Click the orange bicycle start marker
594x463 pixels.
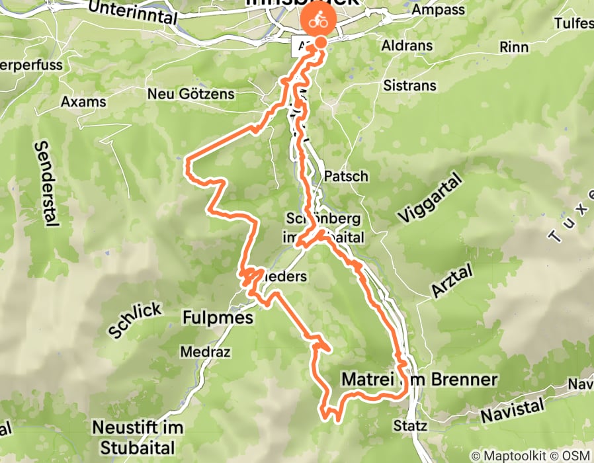coord(319,20)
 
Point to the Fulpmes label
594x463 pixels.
coord(217,319)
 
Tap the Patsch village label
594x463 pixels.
coord(347,177)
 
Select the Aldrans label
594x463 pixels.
coord(407,46)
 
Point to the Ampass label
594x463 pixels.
coord(434,10)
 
